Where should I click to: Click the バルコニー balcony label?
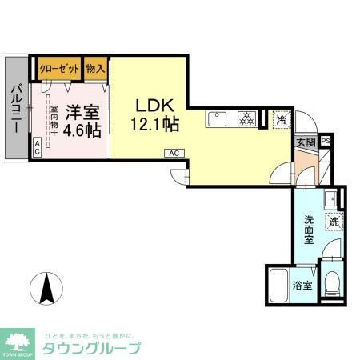(16, 106)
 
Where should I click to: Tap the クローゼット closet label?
(58, 67)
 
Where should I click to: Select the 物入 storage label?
(95, 67)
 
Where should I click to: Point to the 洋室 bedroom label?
(83, 112)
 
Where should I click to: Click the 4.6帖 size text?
(83, 129)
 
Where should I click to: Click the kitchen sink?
(218, 120)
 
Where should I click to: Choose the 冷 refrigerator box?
(281, 120)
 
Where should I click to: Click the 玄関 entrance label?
(306, 142)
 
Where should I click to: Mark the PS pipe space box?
(326, 142)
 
